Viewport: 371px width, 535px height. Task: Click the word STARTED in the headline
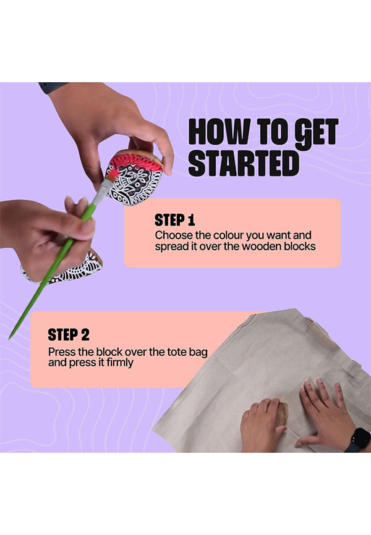244,164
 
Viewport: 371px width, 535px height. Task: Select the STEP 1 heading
174,220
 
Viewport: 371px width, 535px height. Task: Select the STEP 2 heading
68,335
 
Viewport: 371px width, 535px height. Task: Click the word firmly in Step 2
119,363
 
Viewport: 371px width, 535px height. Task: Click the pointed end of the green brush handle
10,338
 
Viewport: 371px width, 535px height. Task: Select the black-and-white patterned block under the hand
64,271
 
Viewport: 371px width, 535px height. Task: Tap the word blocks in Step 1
300,246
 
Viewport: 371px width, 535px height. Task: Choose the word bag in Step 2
198,352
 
